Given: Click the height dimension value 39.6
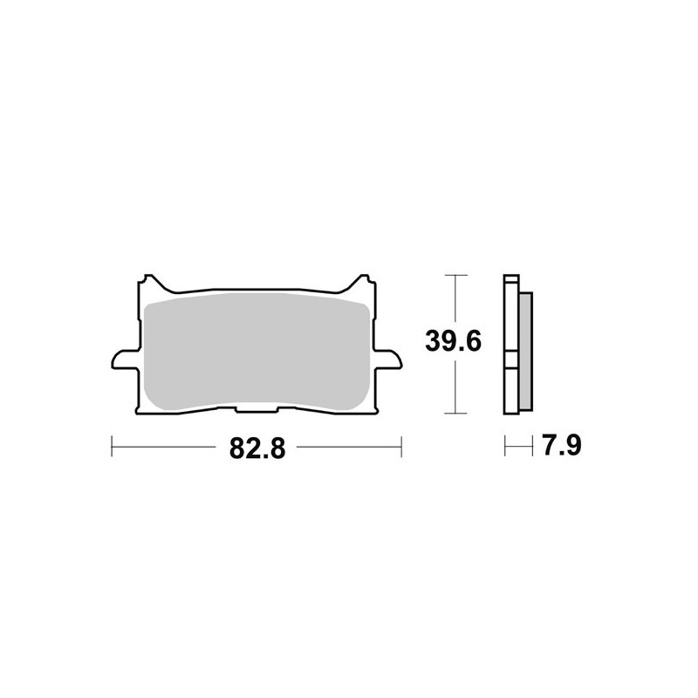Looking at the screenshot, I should click(454, 342).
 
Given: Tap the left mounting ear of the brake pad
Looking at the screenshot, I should click(122, 358).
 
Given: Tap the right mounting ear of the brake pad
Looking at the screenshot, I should click(389, 358).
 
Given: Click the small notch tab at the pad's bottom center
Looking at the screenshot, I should click(256, 410).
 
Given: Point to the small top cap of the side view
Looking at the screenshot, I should click(512, 280).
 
